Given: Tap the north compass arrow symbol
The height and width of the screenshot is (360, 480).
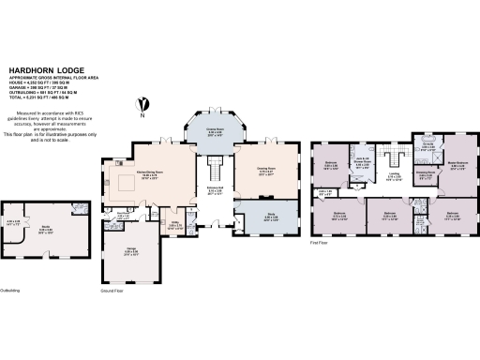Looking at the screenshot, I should pos(142,104).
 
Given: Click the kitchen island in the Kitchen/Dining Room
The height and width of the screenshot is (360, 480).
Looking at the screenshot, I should pos(126,181).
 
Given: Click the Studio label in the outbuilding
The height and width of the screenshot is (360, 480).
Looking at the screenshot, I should pos(45,226).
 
